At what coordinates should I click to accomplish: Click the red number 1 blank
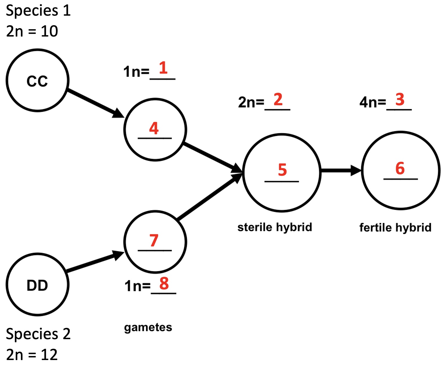tap(163, 68)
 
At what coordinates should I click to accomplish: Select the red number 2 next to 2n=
tap(278, 100)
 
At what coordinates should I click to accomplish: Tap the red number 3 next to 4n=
tap(400, 100)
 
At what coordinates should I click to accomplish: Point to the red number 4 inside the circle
tap(154, 128)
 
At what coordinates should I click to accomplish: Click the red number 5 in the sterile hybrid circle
tap(282, 170)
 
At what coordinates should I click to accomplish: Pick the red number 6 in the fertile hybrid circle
tap(400, 168)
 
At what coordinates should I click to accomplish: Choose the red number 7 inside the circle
tap(154, 241)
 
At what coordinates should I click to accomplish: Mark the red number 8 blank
tap(164, 284)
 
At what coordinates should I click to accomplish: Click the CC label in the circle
tap(37, 81)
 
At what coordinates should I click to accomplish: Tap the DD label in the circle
tap(37, 286)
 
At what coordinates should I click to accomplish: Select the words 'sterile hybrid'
tap(274, 227)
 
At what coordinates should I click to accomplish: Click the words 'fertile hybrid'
tap(395, 228)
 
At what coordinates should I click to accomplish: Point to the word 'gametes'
tap(148, 328)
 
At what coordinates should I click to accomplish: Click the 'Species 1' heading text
tap(38, 11)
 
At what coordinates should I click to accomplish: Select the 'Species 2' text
tap(38, 334)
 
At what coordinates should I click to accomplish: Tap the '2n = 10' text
tap(32, 31)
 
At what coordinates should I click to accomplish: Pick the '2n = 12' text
tap(32, 355)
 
